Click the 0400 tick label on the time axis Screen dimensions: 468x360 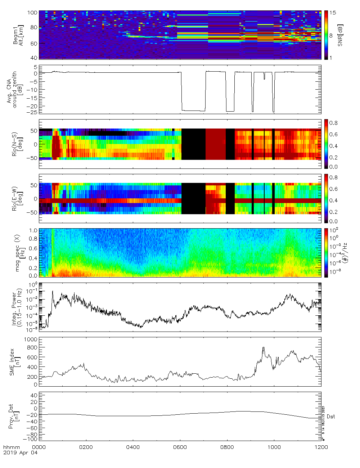[133, 447]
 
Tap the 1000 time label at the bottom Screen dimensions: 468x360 [274, 447]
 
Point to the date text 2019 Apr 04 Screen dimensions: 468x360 [20, 453]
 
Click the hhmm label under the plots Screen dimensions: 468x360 [10, 447]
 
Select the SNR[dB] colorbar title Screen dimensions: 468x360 [340, 35]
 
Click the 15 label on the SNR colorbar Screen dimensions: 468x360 [333, 13]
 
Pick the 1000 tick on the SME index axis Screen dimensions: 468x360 [31, 339]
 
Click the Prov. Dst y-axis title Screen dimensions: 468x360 [14, 416]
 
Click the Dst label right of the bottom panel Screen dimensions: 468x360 [331, 417]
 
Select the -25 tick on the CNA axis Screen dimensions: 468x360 [32, 112]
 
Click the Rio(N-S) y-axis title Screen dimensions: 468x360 [17, 144]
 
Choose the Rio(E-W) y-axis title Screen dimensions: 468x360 [17, 199]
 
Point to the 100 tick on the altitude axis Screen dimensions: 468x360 [32, 13]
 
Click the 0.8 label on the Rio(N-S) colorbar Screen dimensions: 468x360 [333, 123]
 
